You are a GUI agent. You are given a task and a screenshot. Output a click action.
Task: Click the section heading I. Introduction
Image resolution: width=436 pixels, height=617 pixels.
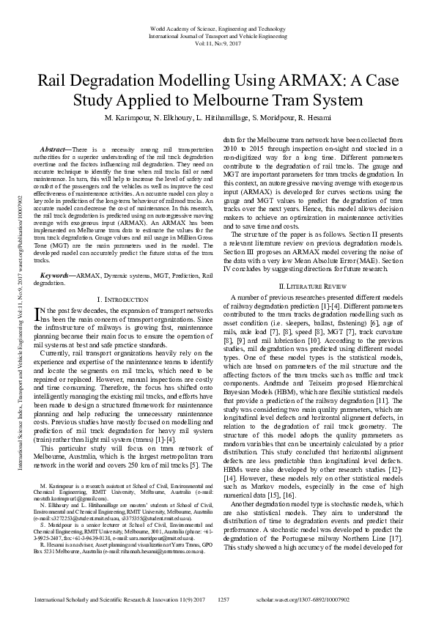tap(125, 300)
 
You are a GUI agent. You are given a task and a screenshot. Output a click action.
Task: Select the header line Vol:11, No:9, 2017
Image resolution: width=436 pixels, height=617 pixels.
tap(218, 42)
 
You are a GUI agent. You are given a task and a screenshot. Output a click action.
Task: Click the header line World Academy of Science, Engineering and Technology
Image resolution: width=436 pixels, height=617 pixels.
tap(218, 28)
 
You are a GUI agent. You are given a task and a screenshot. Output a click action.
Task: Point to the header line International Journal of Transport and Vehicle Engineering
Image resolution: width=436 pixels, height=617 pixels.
tap(218, 35)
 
